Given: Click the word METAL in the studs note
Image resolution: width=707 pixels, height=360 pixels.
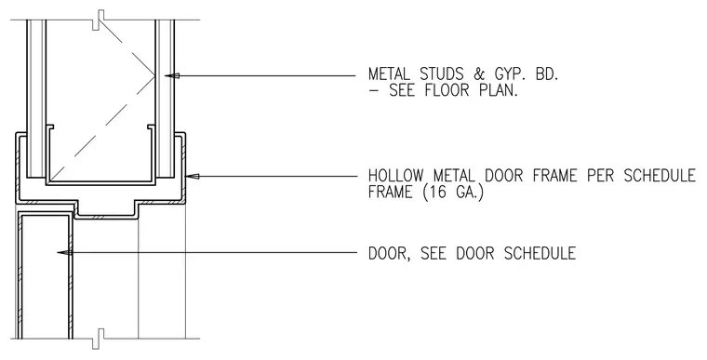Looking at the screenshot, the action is tap(390, 74).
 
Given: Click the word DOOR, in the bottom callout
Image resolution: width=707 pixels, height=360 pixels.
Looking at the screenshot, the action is tap(390, 253).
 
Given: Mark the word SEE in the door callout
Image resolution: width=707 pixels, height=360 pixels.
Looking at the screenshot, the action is tap(434, 253).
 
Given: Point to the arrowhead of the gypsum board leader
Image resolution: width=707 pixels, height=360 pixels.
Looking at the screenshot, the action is tap(172, 75).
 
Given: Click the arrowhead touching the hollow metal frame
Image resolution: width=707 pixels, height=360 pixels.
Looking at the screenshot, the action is tap(193, 177).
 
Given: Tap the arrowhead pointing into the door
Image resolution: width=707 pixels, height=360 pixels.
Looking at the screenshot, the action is tap(64, 253).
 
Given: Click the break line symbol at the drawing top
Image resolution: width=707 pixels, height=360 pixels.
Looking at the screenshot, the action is tap(99, 20).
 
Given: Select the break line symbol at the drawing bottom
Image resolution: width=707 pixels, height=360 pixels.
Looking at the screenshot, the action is tap(99, 339).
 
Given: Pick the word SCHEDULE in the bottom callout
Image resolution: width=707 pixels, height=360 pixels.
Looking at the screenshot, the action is tap(540, 253).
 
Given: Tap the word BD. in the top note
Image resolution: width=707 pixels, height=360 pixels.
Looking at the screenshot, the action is tap(547, 74).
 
